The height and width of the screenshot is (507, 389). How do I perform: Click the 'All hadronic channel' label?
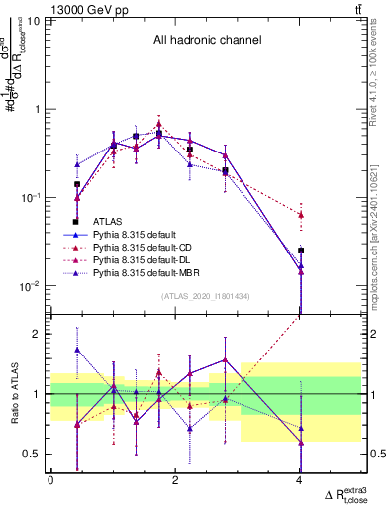tap(207, 41)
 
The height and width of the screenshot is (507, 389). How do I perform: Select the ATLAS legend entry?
tap(108, 222)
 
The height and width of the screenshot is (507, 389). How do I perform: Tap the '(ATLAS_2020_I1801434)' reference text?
tap(206, 296)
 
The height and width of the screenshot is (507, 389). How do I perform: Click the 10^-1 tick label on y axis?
tap(29, 198)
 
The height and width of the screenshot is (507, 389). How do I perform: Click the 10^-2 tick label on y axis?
tap(29, 287)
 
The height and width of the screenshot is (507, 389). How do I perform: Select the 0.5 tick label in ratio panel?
tap(32, 454)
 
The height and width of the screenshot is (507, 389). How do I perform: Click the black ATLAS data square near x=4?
tap(301, 251)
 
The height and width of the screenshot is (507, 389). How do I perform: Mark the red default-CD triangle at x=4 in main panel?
tap(301, 214)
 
